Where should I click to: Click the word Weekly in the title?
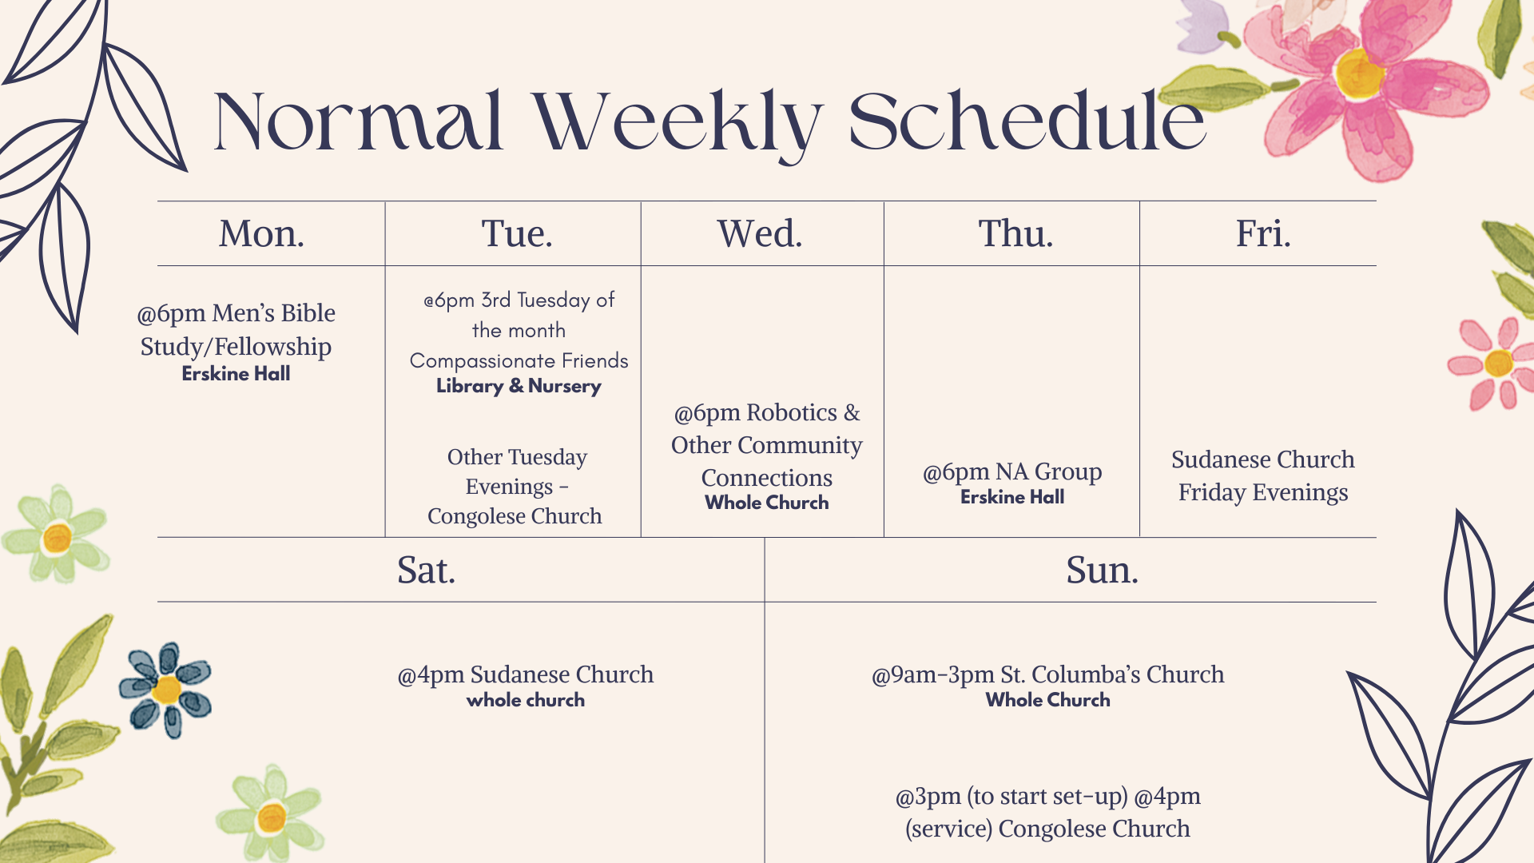pyautogui.click(x=678, y=122)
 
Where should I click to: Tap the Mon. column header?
pyautogui.click(x=262, y=234)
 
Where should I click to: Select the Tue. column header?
pyautogui.click(x=517, y=234)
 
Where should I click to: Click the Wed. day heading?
pyautogui.click(x=760, y=234)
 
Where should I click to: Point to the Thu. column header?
pyautogui.click(x=1016, y=234)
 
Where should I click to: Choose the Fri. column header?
pyautogui.click(x=1263, y=234)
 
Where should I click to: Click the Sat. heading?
pyautogui.click(x=426, y=571)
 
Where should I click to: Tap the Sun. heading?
pyautogui.click(x=1103, y=571)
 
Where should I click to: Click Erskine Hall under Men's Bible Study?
pyautogui.click(x=236, y=374)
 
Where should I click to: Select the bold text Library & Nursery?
pyautogui.click(x=519, y=386)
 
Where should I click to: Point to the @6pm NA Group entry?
pyautogui.click(x=1012, y=472)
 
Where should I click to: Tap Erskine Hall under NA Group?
pyautogui.click(x=1012, y=497)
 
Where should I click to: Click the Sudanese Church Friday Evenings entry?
pyautogui.click(x=1263, y=476)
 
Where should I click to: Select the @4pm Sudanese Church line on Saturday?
pyautogui.click(x=526, y=674)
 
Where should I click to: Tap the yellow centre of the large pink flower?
pyautogui.click(x=1359, y=73)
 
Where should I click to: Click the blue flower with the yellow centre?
pyautogui.click(x=165, y=690)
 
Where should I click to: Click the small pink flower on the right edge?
pyautogui.click(x=1491, y=364)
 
